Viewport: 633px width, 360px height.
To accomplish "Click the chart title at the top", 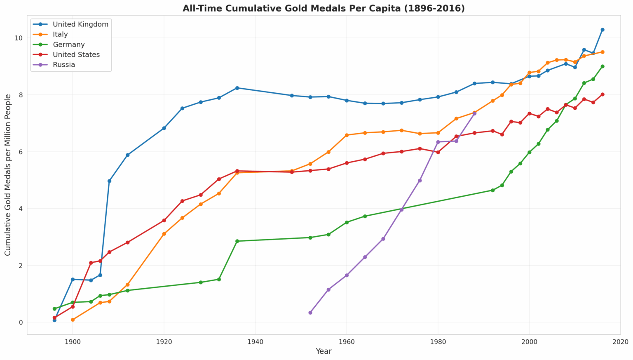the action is click(324, 9).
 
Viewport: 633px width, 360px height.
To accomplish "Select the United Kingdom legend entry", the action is click(70, 24).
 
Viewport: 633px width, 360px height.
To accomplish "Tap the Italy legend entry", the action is click(50, 35).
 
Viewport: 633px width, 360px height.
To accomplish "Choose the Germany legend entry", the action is click(59, 45).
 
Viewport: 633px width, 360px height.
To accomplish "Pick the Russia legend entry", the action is click(54, 65).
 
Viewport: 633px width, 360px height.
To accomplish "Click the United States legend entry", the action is click(66, 54).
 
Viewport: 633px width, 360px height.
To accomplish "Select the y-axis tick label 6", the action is click(21, 152).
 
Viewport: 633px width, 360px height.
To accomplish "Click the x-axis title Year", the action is click(324, 351).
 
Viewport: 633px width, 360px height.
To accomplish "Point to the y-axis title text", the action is click(8, 175).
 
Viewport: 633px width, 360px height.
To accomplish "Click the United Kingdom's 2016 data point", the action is click(602, 30).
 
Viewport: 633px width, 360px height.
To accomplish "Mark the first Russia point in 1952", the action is click(310, 313).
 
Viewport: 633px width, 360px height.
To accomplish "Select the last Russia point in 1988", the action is click(474, 113).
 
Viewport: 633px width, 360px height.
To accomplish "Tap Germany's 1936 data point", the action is click(237, 241).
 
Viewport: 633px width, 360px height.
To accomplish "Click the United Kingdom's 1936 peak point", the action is click(237, 88).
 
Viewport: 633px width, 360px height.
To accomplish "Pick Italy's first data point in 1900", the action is click(73, 320).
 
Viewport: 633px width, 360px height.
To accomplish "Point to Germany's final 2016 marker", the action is click(602, 66).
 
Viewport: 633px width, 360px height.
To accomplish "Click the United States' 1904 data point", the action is click(91, 263).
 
